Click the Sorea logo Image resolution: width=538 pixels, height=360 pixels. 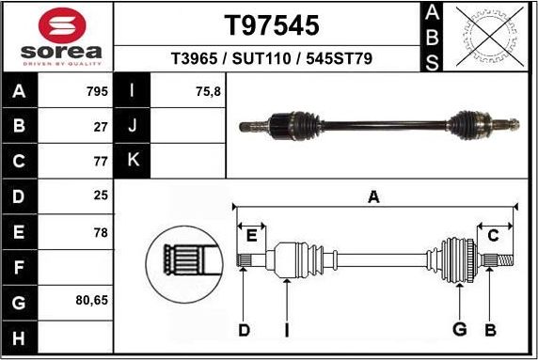click(56, 36)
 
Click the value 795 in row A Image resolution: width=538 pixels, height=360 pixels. click(97, 92)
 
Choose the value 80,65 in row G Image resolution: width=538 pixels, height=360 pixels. click(91, 303)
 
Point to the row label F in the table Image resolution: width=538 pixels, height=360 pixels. click(20, 267)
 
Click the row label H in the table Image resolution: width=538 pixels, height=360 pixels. click(20, 337)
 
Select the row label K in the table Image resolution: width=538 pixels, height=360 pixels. click(133, 160)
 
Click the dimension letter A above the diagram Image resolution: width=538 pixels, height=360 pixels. click(373, 197)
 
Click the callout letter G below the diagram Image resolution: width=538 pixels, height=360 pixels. click(460, 329)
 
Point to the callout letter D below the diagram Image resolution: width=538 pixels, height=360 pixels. click(244, 329)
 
